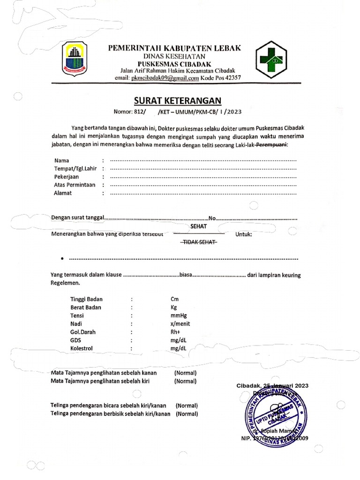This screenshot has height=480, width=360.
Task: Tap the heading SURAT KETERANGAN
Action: click(x=174, y=101)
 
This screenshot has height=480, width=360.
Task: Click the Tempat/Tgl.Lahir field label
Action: click(x=75, y=169)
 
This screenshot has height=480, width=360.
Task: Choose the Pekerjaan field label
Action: click(x=66, y=177)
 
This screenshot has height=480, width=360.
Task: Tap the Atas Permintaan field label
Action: click(x=75, y=185)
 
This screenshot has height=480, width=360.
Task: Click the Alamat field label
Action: click(x=63, y=193)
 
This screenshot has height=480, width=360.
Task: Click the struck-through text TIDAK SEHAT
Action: click(x=198, y=242)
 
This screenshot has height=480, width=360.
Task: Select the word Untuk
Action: click(x=243, y=234)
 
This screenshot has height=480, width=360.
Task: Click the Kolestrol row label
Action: click(x=82, y=348)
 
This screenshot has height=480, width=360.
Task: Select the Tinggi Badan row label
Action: click(x=86, y=299)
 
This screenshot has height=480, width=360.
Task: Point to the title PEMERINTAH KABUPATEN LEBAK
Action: click(x=174, y=48)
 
